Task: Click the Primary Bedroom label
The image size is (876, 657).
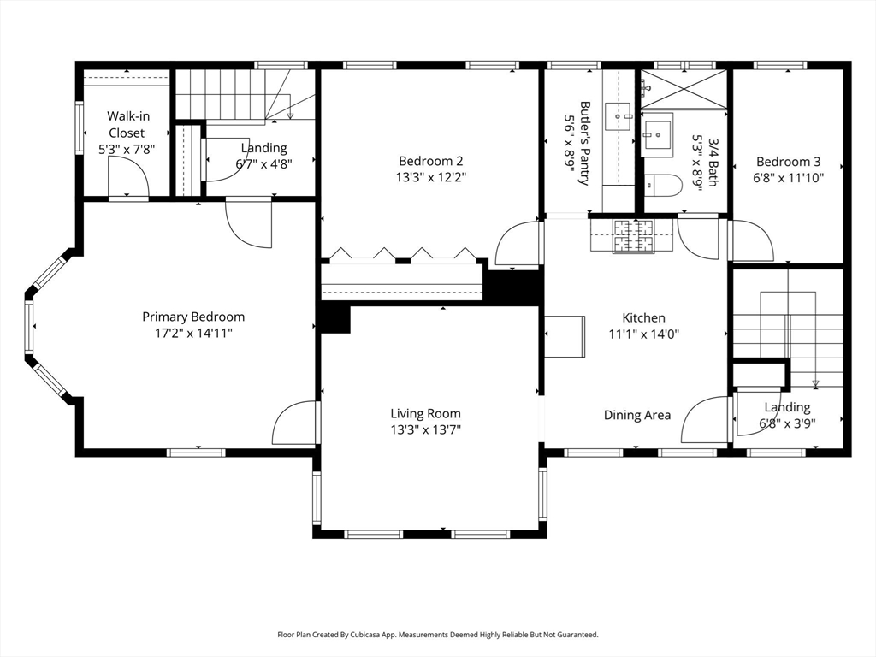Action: coord(193,317)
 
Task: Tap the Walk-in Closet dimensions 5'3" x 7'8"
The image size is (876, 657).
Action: coord(127,150)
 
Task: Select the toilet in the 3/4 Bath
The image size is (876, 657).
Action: coord(663,186)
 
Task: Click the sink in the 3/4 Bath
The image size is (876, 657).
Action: coord(657,134)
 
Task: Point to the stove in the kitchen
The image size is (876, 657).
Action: coord(634,236)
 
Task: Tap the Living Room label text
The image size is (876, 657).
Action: coord(426,413)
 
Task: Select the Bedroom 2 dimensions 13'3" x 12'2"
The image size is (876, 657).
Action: coord(431,178)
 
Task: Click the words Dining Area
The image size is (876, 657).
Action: coord(637,415)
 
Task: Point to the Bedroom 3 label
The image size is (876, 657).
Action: coord(788,162)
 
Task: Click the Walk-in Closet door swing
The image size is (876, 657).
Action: coord(128,176)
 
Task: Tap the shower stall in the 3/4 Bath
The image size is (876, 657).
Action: coord(684,89)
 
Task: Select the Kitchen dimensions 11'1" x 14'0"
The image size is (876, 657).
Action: coord(643,334)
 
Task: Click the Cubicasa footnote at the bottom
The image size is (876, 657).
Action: coord(438,635)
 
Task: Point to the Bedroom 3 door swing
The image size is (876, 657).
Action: coord(752,240)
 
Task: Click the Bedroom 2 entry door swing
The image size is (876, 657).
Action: coord(518,244)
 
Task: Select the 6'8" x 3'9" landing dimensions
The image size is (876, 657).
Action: coord(787,423)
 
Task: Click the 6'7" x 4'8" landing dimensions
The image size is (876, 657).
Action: coord(263,164)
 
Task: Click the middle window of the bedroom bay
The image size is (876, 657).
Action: coord(29,327)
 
